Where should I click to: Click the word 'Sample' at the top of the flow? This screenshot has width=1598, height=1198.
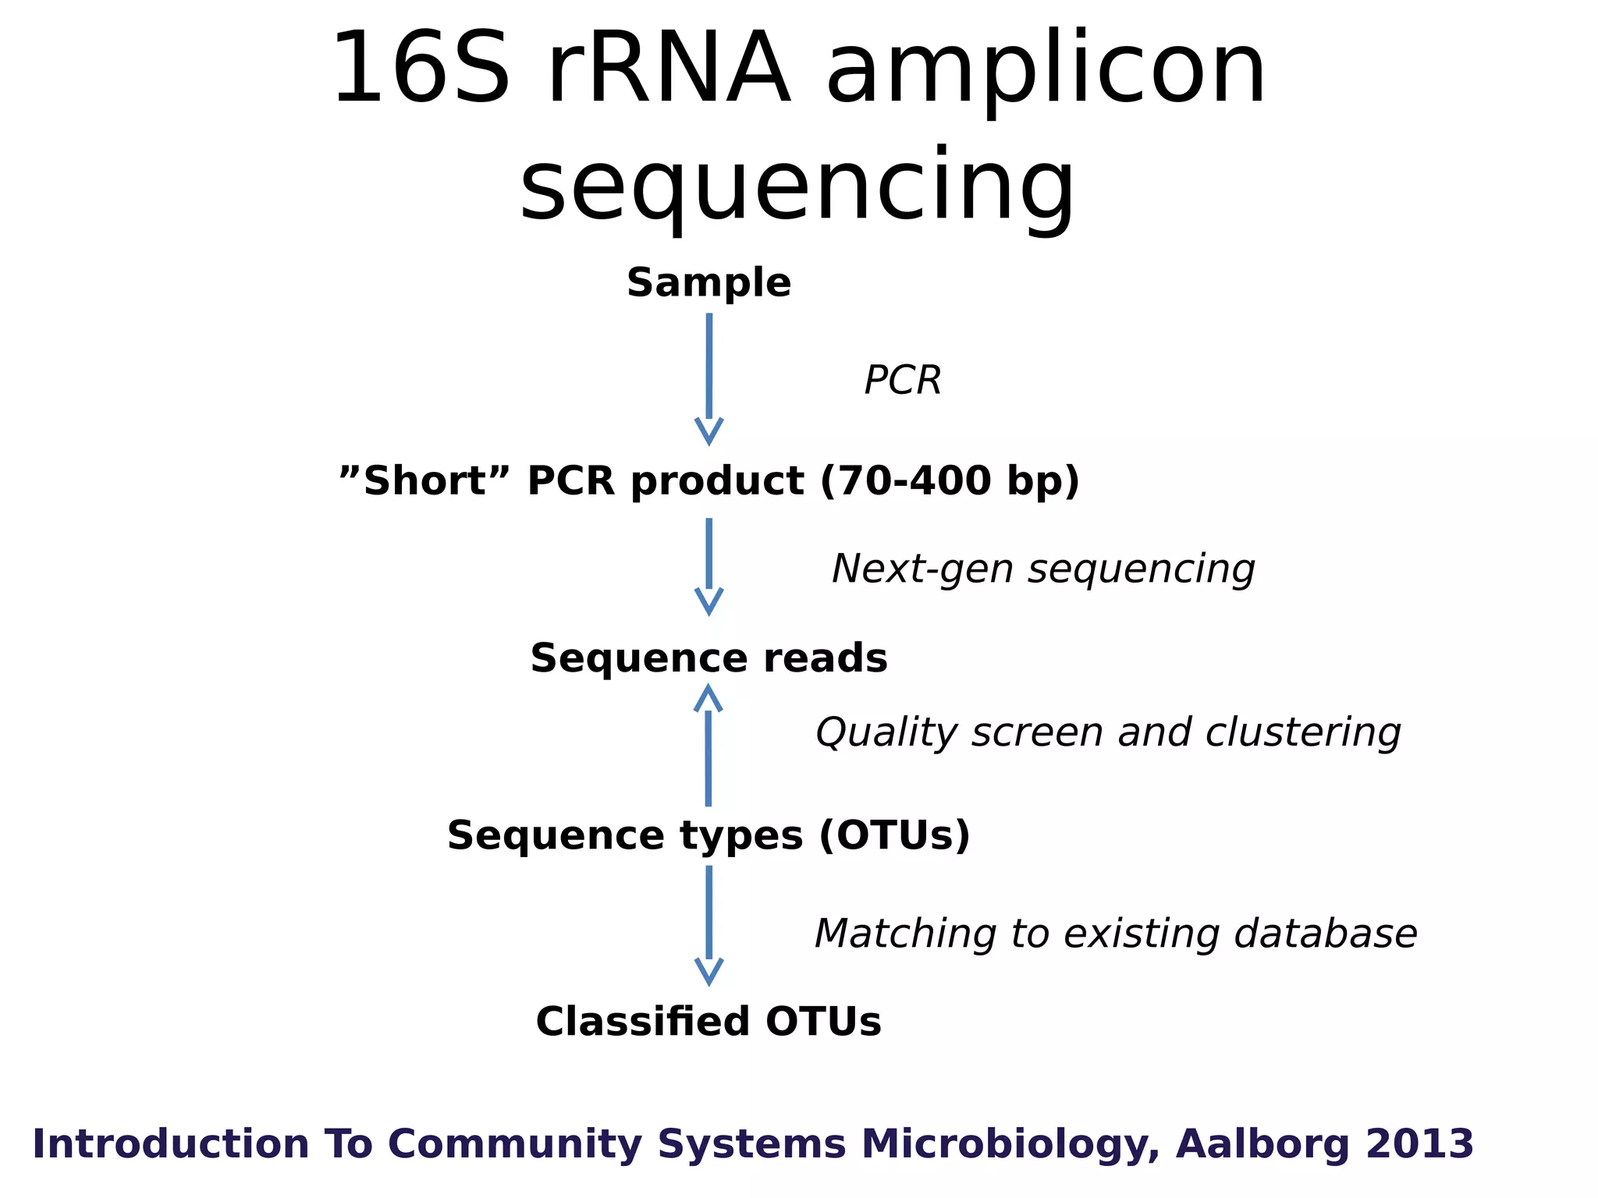[x=708, y=283]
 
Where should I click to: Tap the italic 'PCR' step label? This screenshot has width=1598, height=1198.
[x=903, y=381]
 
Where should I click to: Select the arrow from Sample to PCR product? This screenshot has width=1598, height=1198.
[x=708, y=378]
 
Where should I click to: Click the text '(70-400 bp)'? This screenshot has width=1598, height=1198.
[x=950, y=480]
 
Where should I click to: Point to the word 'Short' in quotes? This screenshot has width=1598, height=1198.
[x=425, y=480]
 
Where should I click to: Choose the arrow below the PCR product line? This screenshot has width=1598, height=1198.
[x=708, y=565]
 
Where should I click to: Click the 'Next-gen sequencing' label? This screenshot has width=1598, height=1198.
[x=1043, y=569]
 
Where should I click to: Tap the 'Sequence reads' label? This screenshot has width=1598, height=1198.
[x=708, y=658]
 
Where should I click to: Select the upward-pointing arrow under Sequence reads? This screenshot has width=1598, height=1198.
[x=708, y=745]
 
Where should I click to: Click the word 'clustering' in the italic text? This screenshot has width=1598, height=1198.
[x=1302, y=732]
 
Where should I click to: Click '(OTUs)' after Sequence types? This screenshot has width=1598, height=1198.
[x=894, y=835]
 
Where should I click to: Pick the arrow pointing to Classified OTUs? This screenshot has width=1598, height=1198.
[x=708, y=924]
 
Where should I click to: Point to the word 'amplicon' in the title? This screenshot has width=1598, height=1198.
[x=1046, y=70]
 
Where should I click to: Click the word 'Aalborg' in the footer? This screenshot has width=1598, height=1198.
[x=1262, y=1144]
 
